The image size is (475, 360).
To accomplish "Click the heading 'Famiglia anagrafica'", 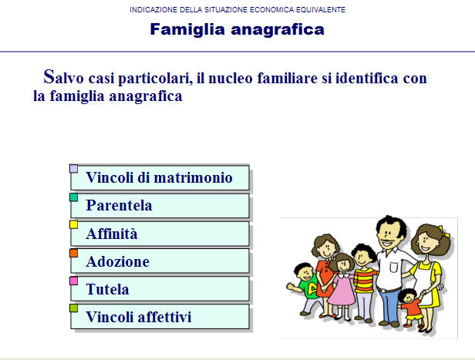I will [x=237, y=30].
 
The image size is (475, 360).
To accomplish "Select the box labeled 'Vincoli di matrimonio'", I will [x=160, y=178].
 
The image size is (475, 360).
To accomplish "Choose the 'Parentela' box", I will [x=160, y=206].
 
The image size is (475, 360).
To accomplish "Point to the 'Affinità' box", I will [x=160, y=234].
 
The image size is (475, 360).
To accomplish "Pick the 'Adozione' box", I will [x=160, y=261].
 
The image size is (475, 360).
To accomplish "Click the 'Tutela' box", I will [x=160, y=290].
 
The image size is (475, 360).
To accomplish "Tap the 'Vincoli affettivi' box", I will [x=160, y=317].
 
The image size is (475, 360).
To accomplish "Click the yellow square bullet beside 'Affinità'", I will [x=74, y=224].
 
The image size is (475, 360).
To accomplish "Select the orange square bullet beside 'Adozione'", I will [x=74, y=252].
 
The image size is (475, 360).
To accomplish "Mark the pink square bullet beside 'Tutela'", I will [x=74, y=281].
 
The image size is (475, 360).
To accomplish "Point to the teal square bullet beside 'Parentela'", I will [x=74, y=197].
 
